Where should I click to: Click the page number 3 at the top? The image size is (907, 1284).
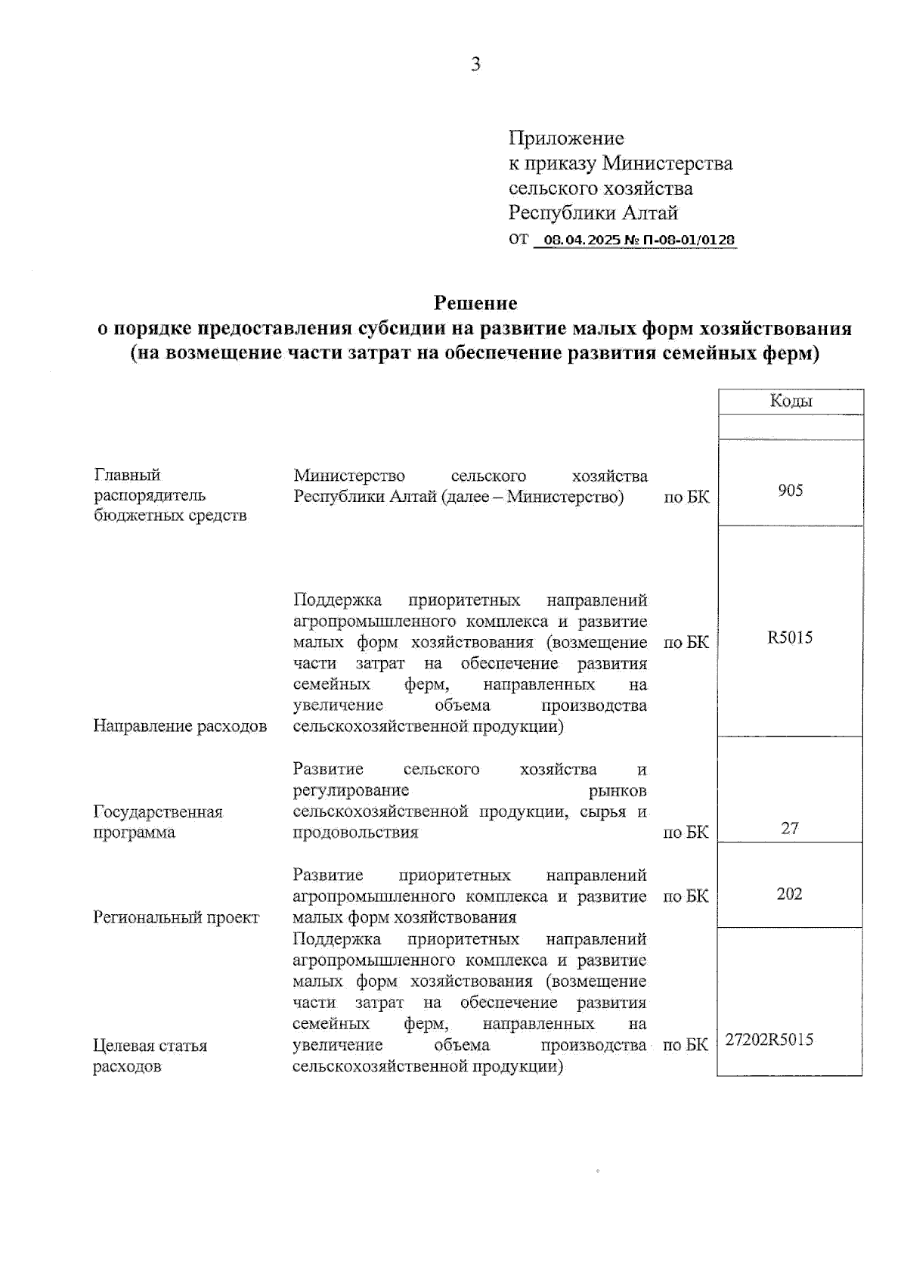[x=475, y=65]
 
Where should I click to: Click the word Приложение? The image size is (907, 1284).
[x=566, y=138]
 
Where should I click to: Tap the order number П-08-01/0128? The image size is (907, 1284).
[x=689, y=240]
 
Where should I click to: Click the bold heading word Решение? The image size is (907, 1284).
[x=475, y=303]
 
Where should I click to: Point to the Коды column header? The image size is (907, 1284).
[x=791, y=402]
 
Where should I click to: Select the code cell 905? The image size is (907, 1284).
[x=790, y=491]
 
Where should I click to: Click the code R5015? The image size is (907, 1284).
[x=790, y=637]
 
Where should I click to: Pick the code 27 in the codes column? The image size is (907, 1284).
[x=789, y=828]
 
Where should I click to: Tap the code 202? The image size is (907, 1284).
[x=789, y=894]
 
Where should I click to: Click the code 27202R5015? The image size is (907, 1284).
[x=769, y=1040]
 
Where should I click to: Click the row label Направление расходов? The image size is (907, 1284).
[x=180, y=727]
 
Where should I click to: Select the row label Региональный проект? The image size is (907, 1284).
[x=176, y=918]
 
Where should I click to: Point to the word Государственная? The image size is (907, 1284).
[x=158, y=812]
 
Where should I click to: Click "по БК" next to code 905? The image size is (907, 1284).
[x=686, y=498]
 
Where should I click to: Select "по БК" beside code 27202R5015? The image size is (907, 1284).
[x=686, y=1045]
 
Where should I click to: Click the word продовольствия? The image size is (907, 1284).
[x=355, y=833]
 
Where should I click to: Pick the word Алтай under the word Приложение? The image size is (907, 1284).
[x=650, y=213]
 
